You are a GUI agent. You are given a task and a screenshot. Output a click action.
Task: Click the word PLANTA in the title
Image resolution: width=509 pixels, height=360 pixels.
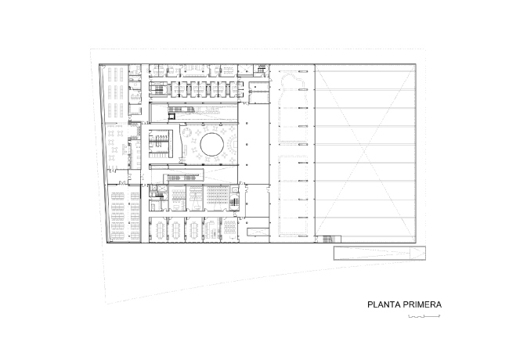pyautogui.click(x=384, y=305)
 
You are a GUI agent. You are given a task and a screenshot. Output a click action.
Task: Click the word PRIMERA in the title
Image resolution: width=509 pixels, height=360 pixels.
pyautogui.click(x=422, y=305)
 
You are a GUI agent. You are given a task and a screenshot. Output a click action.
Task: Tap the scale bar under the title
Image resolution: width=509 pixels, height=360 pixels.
pyautogui.click(x=424, y=316)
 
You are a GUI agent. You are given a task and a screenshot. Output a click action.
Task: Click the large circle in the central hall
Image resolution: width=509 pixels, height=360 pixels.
pyautogui.click(x=211, y=144)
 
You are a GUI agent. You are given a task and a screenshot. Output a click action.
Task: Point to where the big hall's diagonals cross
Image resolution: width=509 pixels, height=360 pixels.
pyautogui.click(x=366, y=152)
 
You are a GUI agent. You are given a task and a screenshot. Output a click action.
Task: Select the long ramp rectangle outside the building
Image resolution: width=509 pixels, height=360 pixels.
pyautogui.click(x=380, y=253)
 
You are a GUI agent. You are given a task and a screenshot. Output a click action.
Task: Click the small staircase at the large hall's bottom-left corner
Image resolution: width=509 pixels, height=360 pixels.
pyautogui.click(x=328, y=239)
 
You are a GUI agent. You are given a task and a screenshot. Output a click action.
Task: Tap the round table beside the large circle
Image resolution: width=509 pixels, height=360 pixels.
pyautogui.click(x=187, y=132)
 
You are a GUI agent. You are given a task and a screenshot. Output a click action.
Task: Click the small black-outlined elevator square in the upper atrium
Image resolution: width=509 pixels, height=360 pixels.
pyautogui.click(x=171, y=116)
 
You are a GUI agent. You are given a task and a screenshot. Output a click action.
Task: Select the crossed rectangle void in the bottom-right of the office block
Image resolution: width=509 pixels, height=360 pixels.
pyautogui.click(x=258, y=232)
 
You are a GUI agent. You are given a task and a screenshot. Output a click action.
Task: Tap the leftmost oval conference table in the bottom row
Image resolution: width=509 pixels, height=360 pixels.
pyautogui.click(x=160, y=229)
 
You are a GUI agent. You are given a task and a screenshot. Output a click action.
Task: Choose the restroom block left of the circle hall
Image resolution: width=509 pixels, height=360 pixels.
pyautogui.click(x=159, y=143)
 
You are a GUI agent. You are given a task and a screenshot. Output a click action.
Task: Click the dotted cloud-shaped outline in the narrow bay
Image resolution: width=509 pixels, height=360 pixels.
pyautogui.click(x=292, y=108)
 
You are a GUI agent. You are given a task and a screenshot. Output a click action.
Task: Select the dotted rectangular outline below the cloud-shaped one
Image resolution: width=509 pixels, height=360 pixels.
pyautogui.click(x=293, y=194)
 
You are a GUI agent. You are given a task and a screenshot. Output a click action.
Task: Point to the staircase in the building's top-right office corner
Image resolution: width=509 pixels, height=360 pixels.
pyautogui.click(x=262, y=69)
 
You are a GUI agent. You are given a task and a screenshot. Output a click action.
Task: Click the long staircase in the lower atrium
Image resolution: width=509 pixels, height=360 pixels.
pyautogui.click(x=182, y=178)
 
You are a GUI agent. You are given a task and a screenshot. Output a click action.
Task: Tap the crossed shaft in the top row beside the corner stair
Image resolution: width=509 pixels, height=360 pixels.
pyautogui.click(x=245, y=70)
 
